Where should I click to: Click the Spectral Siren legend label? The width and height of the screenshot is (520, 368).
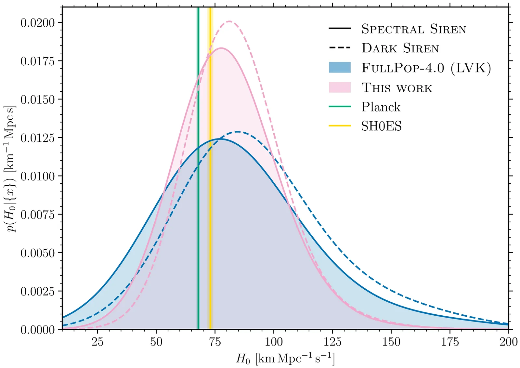(413, 29)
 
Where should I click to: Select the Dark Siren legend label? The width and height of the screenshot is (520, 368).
(400, 48)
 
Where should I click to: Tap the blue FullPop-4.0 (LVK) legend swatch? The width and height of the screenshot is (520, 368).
(340, 68)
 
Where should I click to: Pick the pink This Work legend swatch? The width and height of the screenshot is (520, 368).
(340, 87)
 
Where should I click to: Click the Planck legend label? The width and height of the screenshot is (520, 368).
(381, 107)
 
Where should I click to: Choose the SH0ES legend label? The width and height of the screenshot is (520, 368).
(381, 126)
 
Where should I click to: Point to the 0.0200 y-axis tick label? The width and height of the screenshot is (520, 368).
(38, 23)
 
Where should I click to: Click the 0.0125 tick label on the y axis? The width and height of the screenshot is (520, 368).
(38, 138)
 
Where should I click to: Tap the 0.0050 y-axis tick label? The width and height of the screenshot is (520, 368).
(38, 253)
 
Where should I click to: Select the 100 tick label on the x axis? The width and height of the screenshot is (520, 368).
(274, 342)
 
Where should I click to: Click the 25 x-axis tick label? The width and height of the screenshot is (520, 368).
(97, 342)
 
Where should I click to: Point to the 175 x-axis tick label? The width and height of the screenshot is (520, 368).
(450, 342)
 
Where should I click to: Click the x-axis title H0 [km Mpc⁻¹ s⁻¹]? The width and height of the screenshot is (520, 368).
(285, 359)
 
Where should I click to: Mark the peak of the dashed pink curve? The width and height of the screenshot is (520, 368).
(229, 21)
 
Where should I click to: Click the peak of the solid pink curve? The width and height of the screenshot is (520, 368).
(221, 48)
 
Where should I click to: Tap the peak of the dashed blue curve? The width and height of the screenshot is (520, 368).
(238, 132)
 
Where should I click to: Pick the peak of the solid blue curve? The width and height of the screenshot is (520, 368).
(220, 139)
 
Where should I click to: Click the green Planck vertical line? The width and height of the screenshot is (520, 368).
(198, 195)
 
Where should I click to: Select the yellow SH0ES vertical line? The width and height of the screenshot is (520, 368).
(210, 195)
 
